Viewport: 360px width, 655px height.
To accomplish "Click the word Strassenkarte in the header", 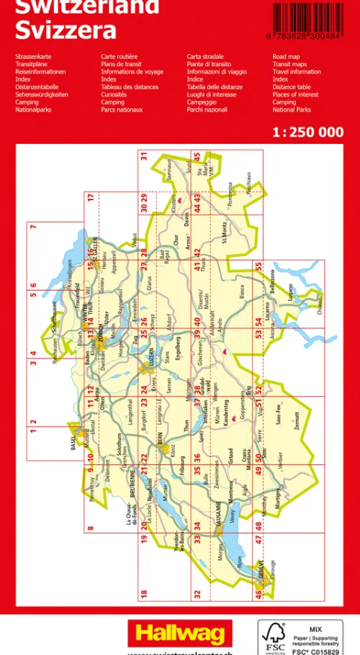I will tap(33, 56).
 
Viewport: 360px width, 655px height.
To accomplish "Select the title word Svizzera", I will tap(66, 30).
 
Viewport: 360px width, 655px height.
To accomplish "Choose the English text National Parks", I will tap(292, 110).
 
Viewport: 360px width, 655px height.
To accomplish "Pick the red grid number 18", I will tap(143, 593).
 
